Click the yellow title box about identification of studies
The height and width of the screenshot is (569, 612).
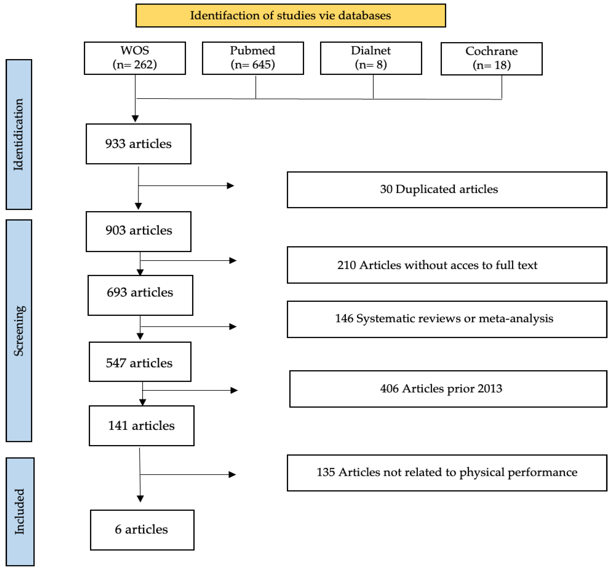[291, 15]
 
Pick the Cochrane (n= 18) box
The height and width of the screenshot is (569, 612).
[491, 58]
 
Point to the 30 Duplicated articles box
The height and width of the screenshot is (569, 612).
[447, 189]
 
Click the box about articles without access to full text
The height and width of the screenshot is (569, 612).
[447, 265]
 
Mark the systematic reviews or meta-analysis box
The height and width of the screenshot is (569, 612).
[447, 319]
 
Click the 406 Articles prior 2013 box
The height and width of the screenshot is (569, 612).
[448, 388]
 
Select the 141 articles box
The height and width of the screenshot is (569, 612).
[141, 425]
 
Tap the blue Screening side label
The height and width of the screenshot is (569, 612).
[19, 330]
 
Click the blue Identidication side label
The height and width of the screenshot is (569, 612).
[19, 134]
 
